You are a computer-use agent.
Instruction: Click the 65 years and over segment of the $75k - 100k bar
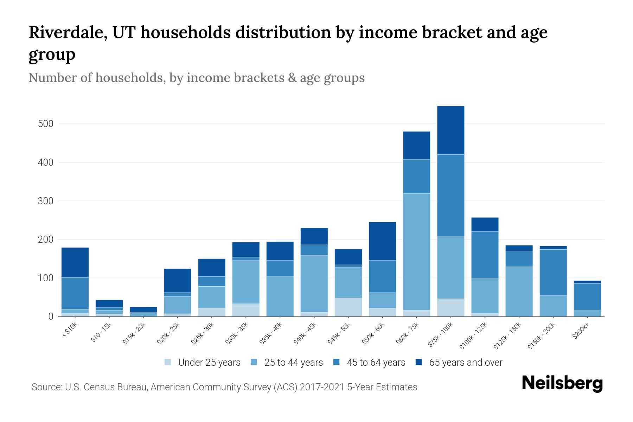pyautogui.click(x=450, y=130)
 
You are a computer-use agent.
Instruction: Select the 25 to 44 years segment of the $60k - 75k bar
pyautogui.click(x=416, y=252)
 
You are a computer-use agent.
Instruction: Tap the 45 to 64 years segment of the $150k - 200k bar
pyautogui.click(x=553, y=273)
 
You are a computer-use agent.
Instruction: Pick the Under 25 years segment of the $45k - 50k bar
pyautogui.click(x=348, y=307)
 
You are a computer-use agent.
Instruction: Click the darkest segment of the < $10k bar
pyautogui.click(x=75, y=262)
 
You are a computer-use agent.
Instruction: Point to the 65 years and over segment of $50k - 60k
pyautogui.click(x=382, y=241)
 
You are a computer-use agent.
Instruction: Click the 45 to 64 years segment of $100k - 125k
pyautogui.click(x=485, y=255)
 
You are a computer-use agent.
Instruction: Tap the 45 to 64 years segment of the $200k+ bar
pyautogui.click(x=587, y=296)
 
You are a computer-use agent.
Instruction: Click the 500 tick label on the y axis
pyautogui.click(x=46, y=124)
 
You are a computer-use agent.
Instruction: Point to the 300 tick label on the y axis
pyautogui.click(x=46, y=201)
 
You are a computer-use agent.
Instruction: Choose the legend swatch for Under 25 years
pyautogui.click(x=168, y=362)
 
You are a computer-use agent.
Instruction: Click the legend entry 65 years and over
pyautogui.click(x=465, y=363)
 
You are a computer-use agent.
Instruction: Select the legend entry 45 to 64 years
pyautogui.click(x=376, y=363)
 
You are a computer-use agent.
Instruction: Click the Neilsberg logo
pyautogui.click(x=562, y=384)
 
